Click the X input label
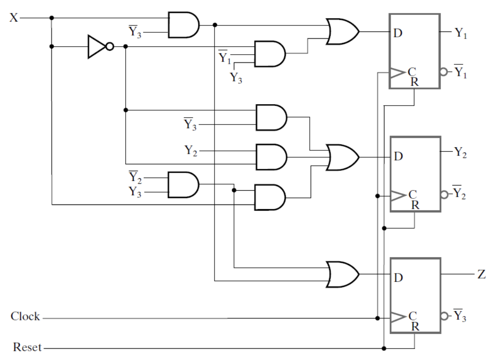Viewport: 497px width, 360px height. (x=13, y=19)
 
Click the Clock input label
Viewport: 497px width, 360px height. (x=25, y=318)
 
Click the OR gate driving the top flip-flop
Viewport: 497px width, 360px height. (x=342, y=32)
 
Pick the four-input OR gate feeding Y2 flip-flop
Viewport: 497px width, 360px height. (x=342, y=157)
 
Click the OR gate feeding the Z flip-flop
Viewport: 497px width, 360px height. (x=342, y=274)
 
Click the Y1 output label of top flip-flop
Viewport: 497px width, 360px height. (x=460, y=33)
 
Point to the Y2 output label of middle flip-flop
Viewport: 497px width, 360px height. (x=460, y=154)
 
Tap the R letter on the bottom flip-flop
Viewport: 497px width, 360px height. (x=415, y=326)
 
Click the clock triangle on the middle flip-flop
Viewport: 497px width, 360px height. (x=397, y=196)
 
